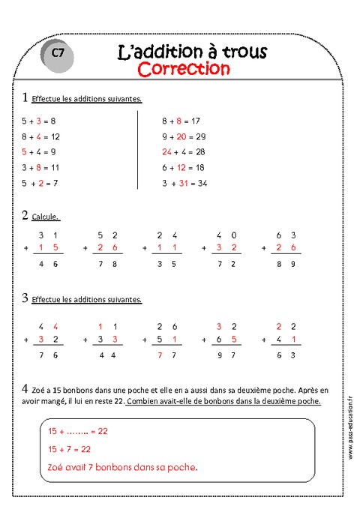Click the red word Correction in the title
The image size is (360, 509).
184,69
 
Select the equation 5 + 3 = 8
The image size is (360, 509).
39,120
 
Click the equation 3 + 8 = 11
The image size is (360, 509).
40,167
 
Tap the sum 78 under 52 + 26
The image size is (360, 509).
106,265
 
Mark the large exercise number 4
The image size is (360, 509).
26,389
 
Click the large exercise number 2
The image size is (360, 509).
26,216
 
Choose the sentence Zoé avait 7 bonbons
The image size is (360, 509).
122,467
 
